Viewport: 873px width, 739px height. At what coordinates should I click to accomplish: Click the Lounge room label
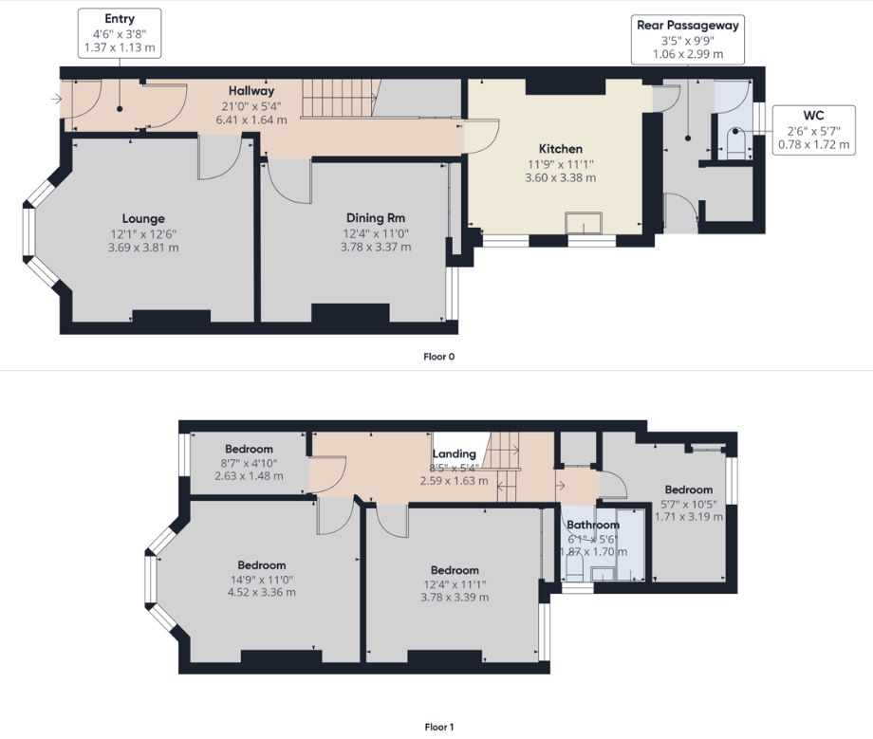(143, 219)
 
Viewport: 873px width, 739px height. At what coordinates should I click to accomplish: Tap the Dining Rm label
(375, 218)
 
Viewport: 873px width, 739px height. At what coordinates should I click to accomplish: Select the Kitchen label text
(561, 149)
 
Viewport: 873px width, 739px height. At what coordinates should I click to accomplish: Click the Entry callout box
(120, 33)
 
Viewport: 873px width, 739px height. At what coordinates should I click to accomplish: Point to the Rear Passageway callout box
(688, 39)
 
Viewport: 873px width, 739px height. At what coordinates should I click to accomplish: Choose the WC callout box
(813, 130)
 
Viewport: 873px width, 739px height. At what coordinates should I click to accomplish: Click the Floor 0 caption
(438, 357)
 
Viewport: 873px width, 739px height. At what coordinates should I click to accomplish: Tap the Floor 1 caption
(438, 727)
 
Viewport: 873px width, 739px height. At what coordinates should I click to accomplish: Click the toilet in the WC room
(735, 143)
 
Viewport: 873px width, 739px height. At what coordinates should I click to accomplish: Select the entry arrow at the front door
(56, 99)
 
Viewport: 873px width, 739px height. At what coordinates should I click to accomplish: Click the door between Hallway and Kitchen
(481, 137)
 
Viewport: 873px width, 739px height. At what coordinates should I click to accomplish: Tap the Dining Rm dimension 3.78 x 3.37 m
(376, 247)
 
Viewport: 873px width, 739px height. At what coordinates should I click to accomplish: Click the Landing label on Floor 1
(455, 453)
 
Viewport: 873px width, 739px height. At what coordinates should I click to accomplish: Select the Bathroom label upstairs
(593, 525)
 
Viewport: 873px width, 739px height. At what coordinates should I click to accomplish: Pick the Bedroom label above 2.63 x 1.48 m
(249, 449)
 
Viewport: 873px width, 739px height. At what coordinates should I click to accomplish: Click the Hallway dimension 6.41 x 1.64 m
(251, 120)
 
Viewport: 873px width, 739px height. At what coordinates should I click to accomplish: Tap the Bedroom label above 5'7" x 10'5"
(689, 490)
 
